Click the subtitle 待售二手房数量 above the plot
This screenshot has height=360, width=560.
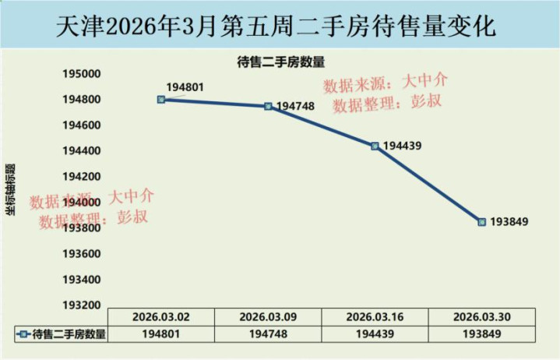280,62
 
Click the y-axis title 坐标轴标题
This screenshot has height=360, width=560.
11,189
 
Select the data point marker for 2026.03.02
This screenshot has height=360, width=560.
161,100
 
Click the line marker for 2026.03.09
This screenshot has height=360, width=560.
268,106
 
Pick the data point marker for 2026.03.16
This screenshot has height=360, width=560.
375,146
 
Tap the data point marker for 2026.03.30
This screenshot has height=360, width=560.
481,222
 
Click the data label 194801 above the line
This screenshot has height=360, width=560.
185,87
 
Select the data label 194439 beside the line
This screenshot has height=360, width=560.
403,146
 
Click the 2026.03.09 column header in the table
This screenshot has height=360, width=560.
268,317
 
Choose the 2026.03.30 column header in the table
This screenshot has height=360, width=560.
481,317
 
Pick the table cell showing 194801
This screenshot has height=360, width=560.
161,334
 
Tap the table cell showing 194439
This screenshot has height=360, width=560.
375,334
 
